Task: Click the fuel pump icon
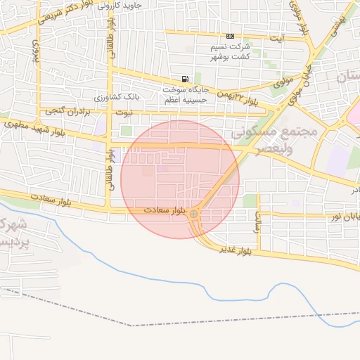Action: [185, 79]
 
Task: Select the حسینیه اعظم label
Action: [185, 101]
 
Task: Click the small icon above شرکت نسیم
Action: [230, 37]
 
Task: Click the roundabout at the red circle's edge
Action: [193, 213]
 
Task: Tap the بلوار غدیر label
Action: [235, 249]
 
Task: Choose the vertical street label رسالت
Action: [258, 222]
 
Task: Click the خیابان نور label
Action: [345, 217]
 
